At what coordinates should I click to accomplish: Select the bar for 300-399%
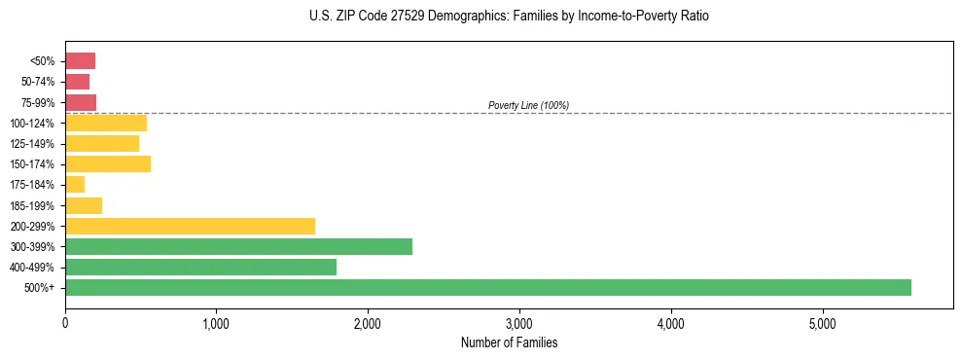click(x=238, y=246)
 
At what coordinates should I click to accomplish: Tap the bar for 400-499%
click(x=200, y=267)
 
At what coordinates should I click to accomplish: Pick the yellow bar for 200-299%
click(x=190, y=226)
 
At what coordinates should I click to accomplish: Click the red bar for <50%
click(x=80, y=61)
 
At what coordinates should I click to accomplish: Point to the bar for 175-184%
click(x=75, y=185)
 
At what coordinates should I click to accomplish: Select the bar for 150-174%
click(x=108, y=163)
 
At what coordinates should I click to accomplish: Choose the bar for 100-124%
click(x=106, y=123)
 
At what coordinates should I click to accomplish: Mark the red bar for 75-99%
click(x=81, y=102)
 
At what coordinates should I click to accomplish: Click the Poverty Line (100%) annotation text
click(x=528, y=105)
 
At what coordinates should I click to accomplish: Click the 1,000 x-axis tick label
click(x=216, y=323)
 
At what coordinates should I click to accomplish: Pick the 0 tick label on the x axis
click(x=65, y=323)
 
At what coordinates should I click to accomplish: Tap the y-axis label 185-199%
click(x=32, y=205)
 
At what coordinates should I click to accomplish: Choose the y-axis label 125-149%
click(x=32, y=144)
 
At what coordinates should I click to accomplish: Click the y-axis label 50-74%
click(x=36, y=82)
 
